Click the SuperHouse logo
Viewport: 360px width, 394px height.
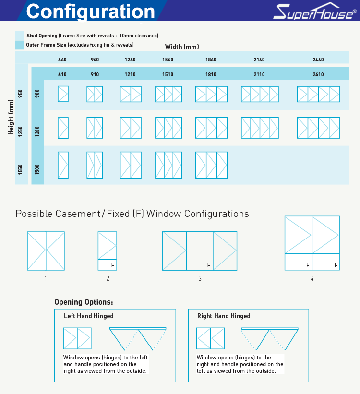tap(315, 11)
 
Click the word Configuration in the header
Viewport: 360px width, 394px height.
tap(91, 12)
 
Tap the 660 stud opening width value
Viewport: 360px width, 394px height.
tap(62, 60)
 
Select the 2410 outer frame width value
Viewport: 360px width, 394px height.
tap(318, 74)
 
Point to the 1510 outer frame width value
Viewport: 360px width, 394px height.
tap(168, 74)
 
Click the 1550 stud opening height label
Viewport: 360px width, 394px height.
tap(20, 169)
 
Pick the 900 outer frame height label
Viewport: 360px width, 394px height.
tap(37, 94)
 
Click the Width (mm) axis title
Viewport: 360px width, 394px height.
tap(182, 47)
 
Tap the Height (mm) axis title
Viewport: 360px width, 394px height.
tap(11, 117)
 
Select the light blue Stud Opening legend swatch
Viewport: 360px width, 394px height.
tap(20, 36)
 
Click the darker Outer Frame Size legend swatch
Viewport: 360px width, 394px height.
tap(20, 45)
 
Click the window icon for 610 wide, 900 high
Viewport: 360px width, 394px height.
tap(63, 94)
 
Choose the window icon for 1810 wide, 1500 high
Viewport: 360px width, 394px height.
tap(211, 165)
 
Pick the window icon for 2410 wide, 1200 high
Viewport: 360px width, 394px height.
tap(319, 128)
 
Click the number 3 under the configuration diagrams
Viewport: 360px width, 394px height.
tap(200, 278)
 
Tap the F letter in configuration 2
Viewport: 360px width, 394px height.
tap(113, 265)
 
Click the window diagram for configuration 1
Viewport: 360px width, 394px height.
tap(46, 251)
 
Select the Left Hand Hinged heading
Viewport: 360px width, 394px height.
tap(89, 316)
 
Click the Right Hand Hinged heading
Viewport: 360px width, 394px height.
tap(224, 316)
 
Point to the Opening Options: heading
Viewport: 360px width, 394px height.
tap(84, 302)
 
